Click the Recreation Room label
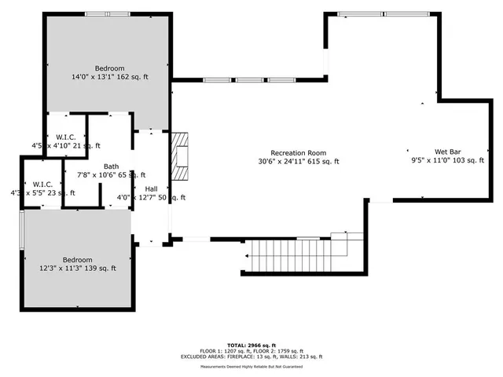[x=298, y=153]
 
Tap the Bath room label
[x=112, y=167]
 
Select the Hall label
[x=151, y=189]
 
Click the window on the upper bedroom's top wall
[x=108, y=13]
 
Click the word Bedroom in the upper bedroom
[x=109, y=68]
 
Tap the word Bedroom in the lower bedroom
[x=78, y=260]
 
